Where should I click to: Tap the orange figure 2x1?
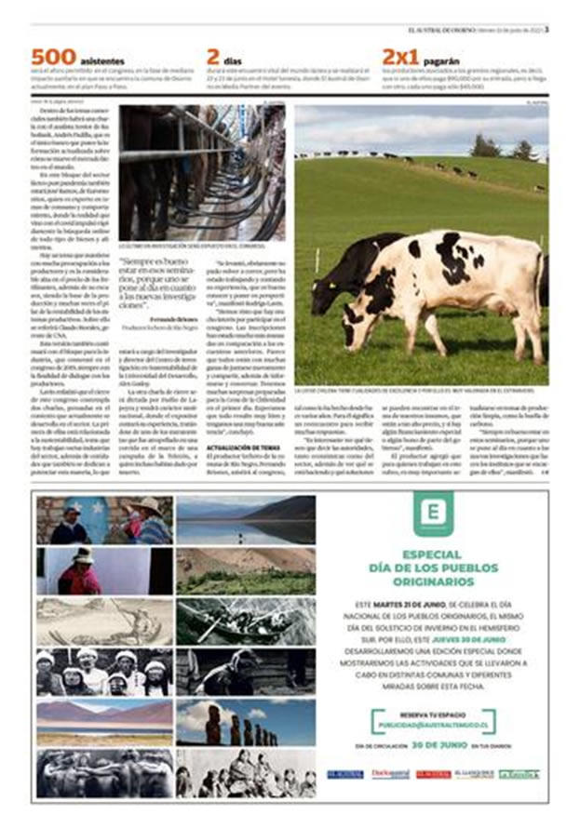(403, 57)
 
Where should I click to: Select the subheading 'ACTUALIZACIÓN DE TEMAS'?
(244, 448)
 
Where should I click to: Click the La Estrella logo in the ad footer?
(519, 774)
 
